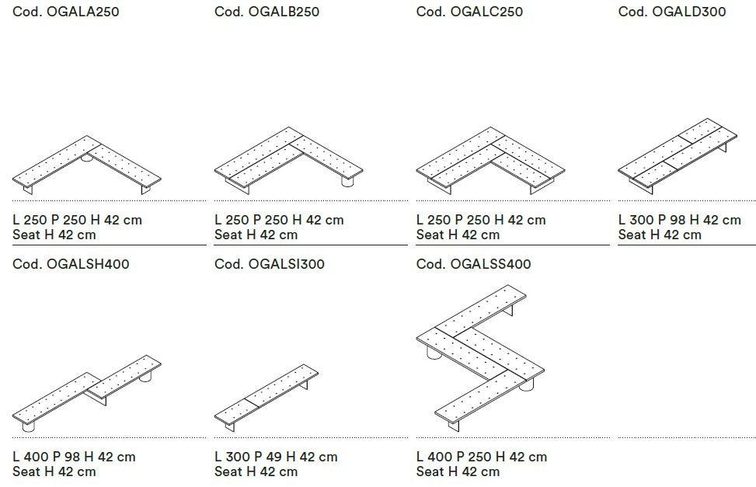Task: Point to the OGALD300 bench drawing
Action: pos(678,155)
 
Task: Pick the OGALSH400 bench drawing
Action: pos(87,393)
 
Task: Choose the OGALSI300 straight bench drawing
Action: pos(267,398)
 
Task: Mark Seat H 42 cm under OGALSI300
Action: pos(256,471)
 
